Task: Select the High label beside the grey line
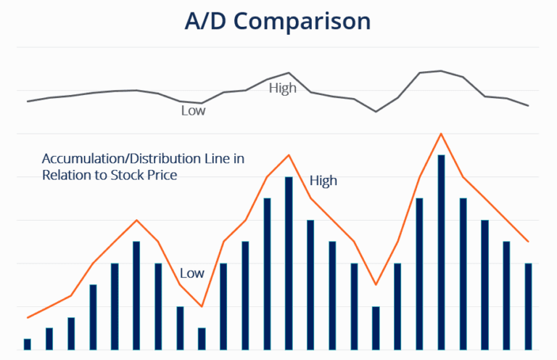283,89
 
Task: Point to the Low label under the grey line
193,111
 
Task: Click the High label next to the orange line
323,181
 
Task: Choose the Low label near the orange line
192,274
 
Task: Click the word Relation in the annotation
65,175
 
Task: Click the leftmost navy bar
28,344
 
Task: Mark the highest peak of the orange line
440,134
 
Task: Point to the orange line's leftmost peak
136,220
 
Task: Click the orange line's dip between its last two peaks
376,285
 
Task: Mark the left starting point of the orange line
28,318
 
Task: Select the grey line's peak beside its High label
289,73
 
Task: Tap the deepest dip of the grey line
376,111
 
